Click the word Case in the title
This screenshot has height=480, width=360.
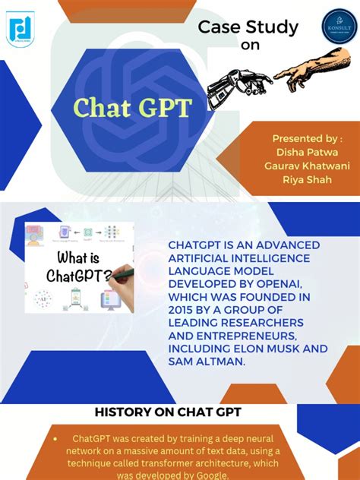220,28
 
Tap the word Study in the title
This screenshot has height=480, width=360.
271,28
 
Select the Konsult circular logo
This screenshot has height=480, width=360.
329,27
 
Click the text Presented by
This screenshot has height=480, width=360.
307,138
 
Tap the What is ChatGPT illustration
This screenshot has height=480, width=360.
78,267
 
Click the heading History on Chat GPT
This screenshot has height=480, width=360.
168,412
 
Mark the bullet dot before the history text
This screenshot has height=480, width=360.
55,439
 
